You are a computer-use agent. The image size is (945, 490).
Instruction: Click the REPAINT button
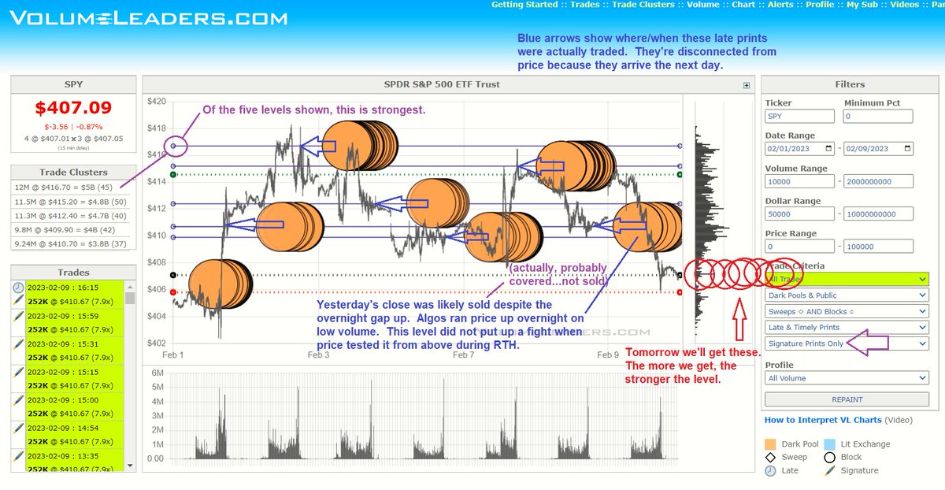(x=847, y=399)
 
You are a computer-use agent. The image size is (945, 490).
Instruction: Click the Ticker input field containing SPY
(x=799, y=117)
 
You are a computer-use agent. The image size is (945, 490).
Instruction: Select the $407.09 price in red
(x=72, y=107)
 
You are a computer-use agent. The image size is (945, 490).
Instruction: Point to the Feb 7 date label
(x=465, y=355)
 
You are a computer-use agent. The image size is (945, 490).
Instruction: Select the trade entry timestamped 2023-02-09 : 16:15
(x=75, y=288)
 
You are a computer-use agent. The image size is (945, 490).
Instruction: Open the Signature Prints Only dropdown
(x=847, y=343)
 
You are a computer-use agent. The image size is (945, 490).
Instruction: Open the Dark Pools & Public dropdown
(x=847, y=295)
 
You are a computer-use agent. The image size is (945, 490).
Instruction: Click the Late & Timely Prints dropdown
(x=847, y=327)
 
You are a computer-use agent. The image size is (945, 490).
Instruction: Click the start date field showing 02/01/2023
(x=799, y=149)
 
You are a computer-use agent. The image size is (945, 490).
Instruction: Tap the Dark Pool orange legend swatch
(x=771, y=444)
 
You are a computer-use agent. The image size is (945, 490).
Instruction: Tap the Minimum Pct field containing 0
(x=878, y=117)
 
